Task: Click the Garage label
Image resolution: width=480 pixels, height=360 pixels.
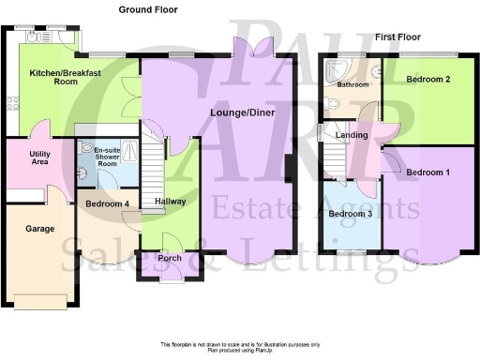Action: (x=25, y=228)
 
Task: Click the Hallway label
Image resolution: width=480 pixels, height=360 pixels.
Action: (x=170, y=201)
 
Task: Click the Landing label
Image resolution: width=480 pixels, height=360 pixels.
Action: (x=352, y=136)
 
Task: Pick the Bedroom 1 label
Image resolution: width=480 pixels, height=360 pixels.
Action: (x=427, y=172)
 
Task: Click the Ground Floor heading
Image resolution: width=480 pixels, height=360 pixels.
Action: (x=148, y=9)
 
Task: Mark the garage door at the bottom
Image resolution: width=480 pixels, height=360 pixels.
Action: (x=40, y=304)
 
